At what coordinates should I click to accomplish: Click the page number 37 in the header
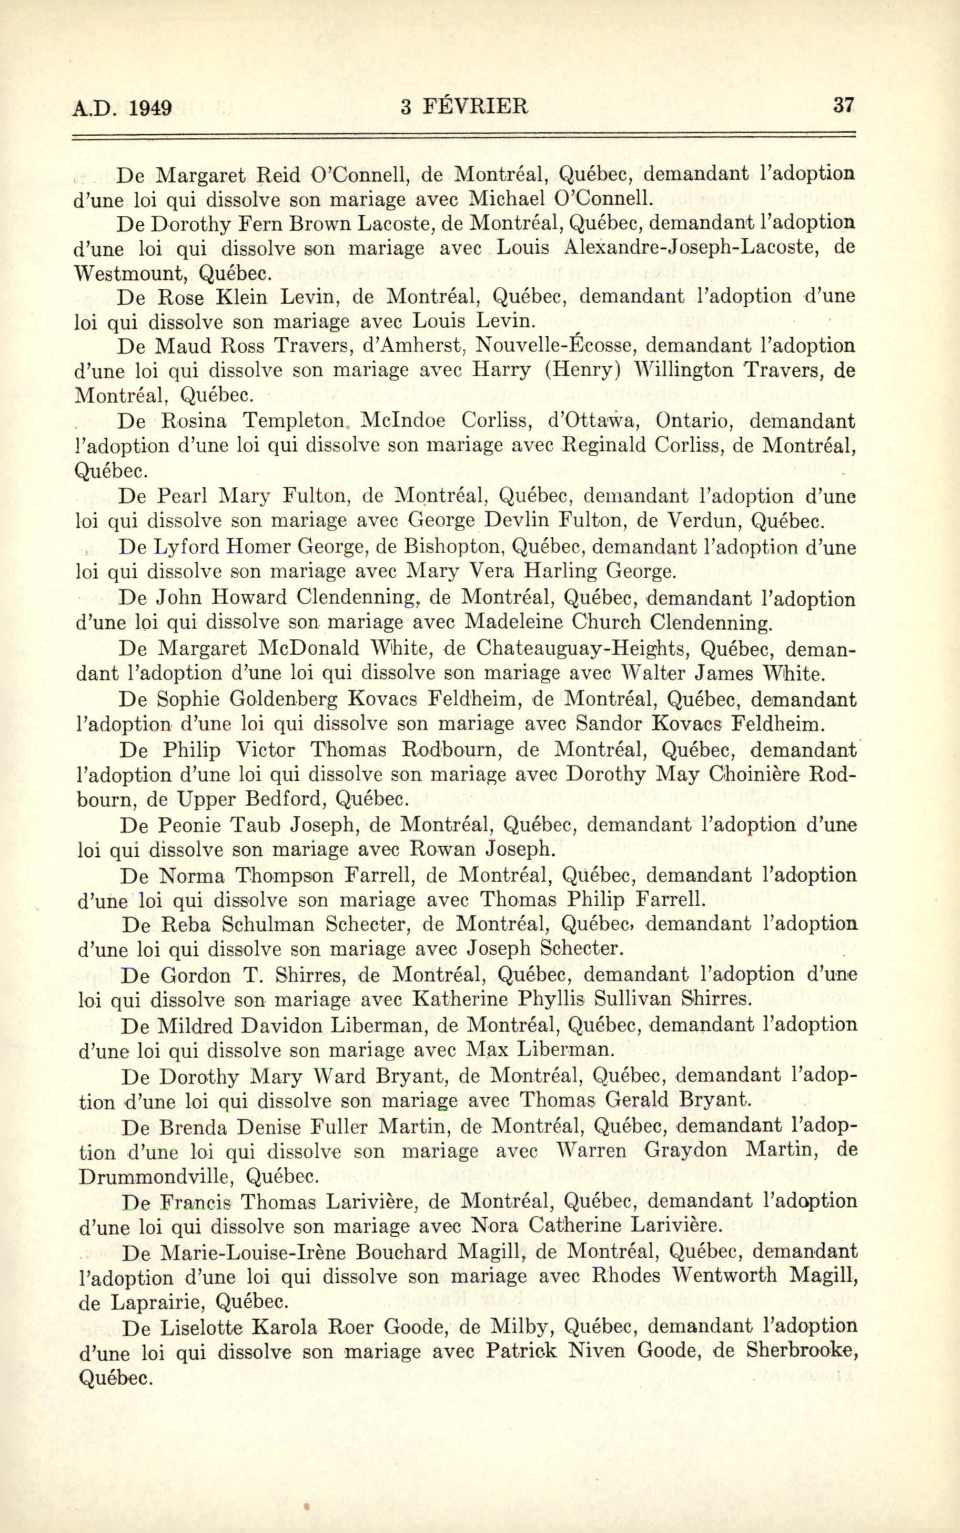[843, 105]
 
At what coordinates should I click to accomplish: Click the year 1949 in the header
[150, 107]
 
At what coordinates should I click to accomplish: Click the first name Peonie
[188, 825]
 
